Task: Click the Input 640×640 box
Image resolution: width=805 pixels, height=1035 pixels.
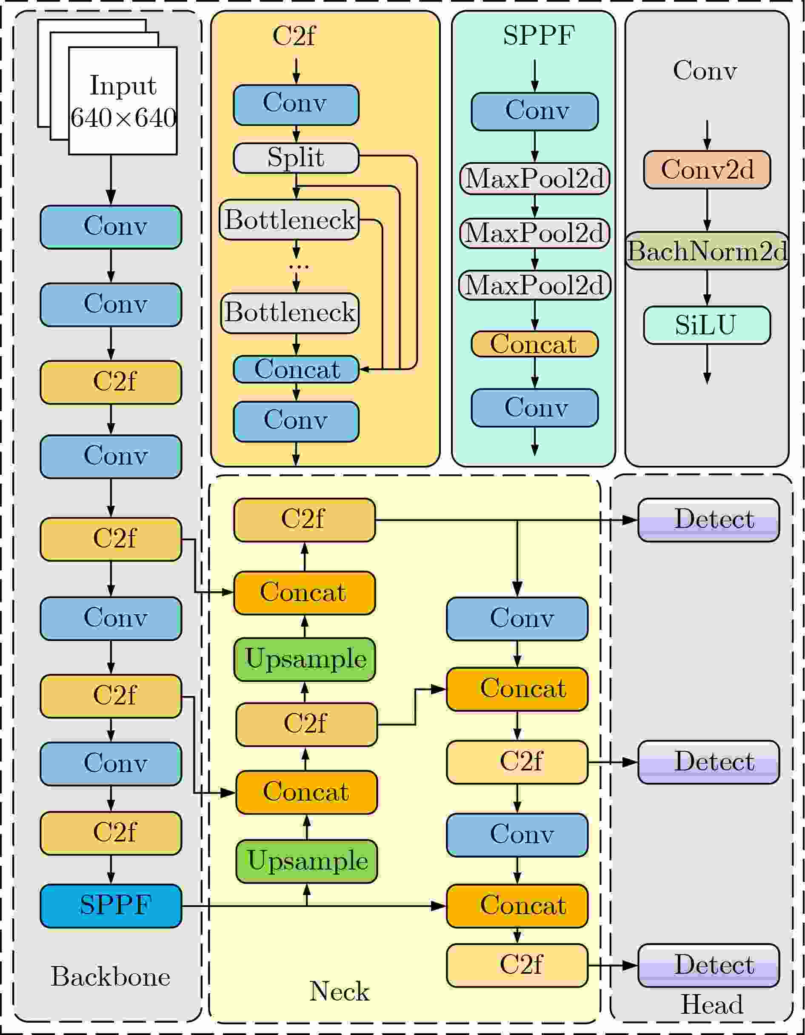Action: coord(123,100)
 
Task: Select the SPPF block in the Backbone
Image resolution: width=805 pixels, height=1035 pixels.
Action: coord(111,906)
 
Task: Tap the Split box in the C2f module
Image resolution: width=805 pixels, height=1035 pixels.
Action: coord(296,158)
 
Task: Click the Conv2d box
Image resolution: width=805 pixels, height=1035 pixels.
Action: coord(707,170)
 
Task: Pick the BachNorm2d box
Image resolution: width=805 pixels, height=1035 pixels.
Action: coord(707,251)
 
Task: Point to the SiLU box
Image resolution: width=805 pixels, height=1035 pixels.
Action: coord(707,325)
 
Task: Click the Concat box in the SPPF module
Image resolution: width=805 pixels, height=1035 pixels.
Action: coord(534,344)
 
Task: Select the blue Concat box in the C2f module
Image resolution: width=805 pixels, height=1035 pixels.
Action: coord(296,369)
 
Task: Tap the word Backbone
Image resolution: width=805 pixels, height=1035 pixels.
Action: coord(111,977)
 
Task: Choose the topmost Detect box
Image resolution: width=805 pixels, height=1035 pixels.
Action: coord(708,520)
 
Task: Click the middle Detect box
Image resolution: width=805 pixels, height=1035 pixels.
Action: coord(708,762)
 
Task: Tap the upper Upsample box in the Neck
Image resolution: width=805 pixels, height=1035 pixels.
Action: coord(304,659)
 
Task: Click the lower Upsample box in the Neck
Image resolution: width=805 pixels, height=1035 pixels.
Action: coord(306,861)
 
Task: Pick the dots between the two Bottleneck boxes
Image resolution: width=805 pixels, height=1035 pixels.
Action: coord(299,266)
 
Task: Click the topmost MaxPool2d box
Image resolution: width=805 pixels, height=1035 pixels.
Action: coord(534,179)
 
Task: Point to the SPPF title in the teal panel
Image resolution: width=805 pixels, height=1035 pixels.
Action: coord(539,36)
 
